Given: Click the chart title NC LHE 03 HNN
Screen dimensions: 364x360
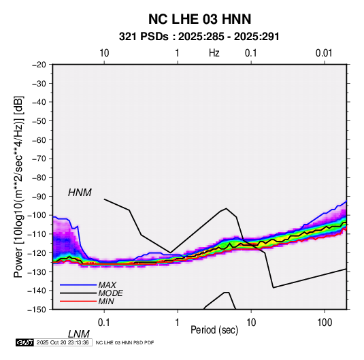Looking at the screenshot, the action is (199, 19).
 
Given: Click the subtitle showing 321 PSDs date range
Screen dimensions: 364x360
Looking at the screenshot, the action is (199, 37).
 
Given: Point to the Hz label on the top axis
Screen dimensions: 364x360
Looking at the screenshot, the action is (214, 53).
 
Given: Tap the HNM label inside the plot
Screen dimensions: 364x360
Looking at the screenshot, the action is (80, 193).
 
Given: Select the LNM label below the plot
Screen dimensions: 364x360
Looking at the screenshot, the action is (79, 334).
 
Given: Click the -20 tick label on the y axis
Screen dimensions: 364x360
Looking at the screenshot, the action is (39, 65).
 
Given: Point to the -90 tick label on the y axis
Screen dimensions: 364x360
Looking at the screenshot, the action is (39, 196).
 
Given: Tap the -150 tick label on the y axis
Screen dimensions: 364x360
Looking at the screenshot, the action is (37, 310).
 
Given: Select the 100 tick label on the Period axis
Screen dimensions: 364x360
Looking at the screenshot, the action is (325, 322).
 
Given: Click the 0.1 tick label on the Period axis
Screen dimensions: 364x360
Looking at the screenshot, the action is (104, 322).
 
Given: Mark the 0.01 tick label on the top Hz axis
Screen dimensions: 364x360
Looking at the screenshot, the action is (324, 53).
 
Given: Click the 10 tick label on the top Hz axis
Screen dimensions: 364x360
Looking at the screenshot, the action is (104, 53).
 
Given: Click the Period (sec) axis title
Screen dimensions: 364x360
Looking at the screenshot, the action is (214, 330).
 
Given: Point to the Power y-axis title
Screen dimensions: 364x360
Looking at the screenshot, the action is (18, 187).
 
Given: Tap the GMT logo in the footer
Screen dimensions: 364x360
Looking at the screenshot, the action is (25, 342).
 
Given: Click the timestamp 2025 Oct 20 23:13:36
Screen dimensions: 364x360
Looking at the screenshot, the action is (63, 342).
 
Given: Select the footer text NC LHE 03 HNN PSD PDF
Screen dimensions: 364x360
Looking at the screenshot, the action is (125, 342).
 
